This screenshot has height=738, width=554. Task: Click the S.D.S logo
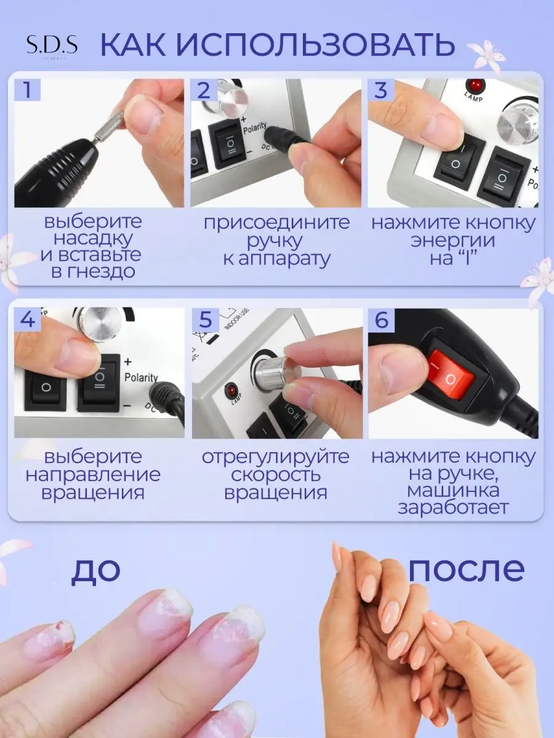[52, 46]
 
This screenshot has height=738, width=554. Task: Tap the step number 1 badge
[27, 90]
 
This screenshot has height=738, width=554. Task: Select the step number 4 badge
[27, 319]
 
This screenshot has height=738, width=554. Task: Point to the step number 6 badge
[382, 319]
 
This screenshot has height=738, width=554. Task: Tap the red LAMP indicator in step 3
[474, 85]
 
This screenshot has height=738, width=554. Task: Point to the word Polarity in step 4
[141, 377]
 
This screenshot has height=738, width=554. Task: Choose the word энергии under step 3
[453, 240]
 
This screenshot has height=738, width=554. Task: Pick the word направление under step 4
[93, 475]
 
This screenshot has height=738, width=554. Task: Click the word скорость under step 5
[276, 475]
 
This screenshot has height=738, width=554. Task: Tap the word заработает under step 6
[453, 508]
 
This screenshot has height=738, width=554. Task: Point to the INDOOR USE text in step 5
[237, 319]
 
